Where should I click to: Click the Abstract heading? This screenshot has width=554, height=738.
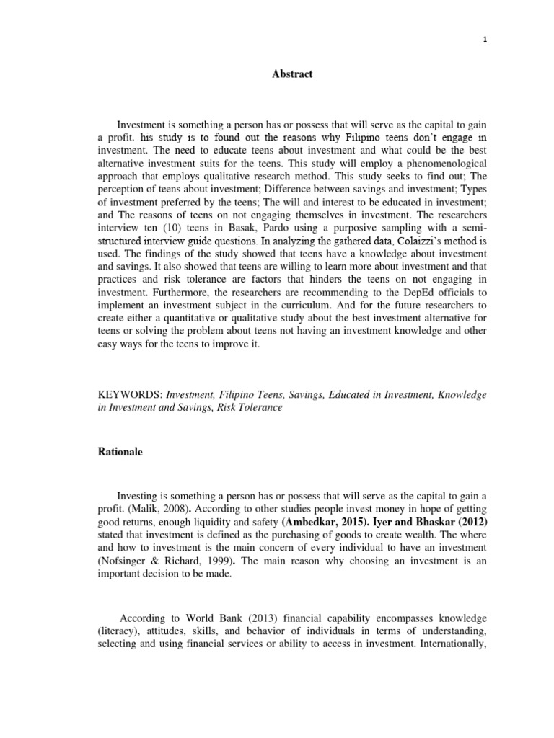tap(292, 74)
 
